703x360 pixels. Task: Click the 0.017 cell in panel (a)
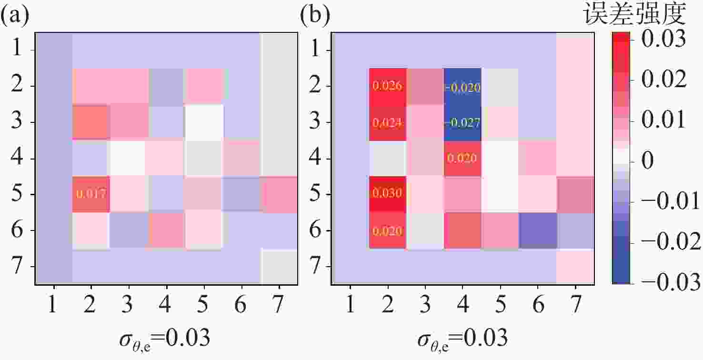pos(91,194)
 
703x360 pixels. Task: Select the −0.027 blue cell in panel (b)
pos(462,122)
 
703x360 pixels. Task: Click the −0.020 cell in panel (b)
pos(462,87)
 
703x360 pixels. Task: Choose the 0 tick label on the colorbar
pos(648,162)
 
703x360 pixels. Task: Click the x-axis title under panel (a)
pos(166,339)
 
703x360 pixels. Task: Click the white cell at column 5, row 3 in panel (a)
pos(204,122)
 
